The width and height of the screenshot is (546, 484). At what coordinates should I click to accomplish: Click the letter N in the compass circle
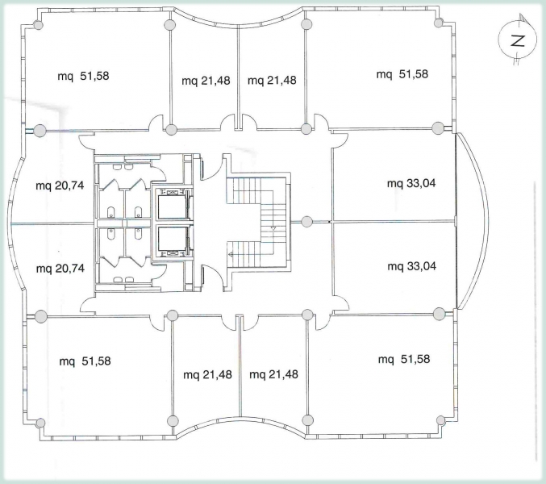coord(518,41)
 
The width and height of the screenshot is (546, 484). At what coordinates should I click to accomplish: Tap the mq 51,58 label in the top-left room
coord(83,76)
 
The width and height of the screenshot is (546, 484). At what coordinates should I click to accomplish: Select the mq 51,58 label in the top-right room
coord(402,74)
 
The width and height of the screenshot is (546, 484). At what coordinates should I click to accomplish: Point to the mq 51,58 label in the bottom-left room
coord(85,361)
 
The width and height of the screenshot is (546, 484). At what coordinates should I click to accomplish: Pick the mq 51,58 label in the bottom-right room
coord(404,359)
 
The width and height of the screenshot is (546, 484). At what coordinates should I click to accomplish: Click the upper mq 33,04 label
coord(411,183)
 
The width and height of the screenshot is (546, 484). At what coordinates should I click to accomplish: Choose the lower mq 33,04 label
coord(411,266)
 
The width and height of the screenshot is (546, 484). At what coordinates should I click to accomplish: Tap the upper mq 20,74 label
coord(60,186)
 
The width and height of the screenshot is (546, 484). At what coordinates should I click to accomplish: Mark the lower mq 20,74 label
coord(60,269)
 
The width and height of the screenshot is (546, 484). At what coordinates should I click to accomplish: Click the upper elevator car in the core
coord(172,207)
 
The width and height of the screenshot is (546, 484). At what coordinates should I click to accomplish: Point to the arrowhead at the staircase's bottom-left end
coord(230,255)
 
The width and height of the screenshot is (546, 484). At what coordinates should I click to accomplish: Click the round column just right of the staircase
coord(306,222)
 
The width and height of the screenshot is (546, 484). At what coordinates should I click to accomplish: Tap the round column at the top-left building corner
coord(38,25)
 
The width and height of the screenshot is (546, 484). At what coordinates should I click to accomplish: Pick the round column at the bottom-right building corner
coord(440,420)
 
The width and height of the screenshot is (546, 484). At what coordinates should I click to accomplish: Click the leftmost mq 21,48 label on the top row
coord(206,81)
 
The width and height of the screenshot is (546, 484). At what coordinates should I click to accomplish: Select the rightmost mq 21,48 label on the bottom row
coord(273,374)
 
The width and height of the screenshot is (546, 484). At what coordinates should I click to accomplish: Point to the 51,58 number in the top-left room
coord(94,76)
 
